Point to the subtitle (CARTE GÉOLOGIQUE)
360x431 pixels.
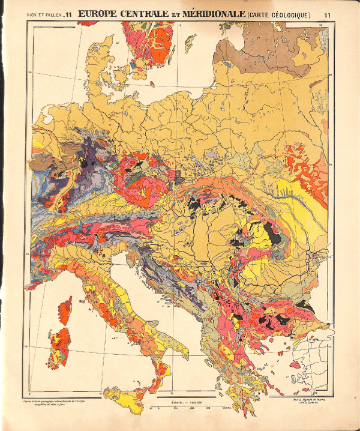pyautogui.click(x=274, y=14)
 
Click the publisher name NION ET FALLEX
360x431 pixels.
pyautogui.click(x=45, y=15)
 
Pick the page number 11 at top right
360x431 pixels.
pyautogui.click(x=326, y=15)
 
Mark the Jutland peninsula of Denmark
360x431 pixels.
pyautogui.click(x=98, y=60)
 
